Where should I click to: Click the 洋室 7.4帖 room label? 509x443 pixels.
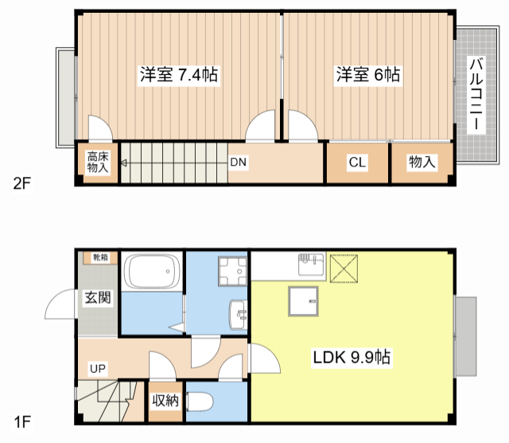point(179,74)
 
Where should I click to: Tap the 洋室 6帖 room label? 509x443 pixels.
point(368,74)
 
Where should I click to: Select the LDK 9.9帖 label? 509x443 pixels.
point(352,357)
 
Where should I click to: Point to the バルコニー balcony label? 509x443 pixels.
point(476,94)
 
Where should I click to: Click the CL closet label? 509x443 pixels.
point(357,162)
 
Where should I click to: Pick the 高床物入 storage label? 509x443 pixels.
point(98,163)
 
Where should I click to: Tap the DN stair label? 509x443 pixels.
point(239,162)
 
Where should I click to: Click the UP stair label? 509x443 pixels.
point(98,369)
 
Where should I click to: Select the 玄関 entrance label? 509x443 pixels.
point(98,298)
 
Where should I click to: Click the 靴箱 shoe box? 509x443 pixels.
point(100,257)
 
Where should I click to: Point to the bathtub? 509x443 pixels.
point(152,271)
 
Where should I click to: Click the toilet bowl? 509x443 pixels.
point(200,402)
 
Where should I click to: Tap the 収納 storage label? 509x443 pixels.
point(165,401)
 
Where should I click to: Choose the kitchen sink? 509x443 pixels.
point(311,265)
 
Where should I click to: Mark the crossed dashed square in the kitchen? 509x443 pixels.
point(344,269)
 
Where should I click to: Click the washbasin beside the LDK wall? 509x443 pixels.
point(239,315)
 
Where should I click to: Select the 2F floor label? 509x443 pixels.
point(22,184)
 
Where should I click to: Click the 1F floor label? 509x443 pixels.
point(22,422)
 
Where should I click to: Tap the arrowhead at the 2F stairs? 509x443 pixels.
point(124,163)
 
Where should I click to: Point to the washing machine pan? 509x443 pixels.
point(232,271)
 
